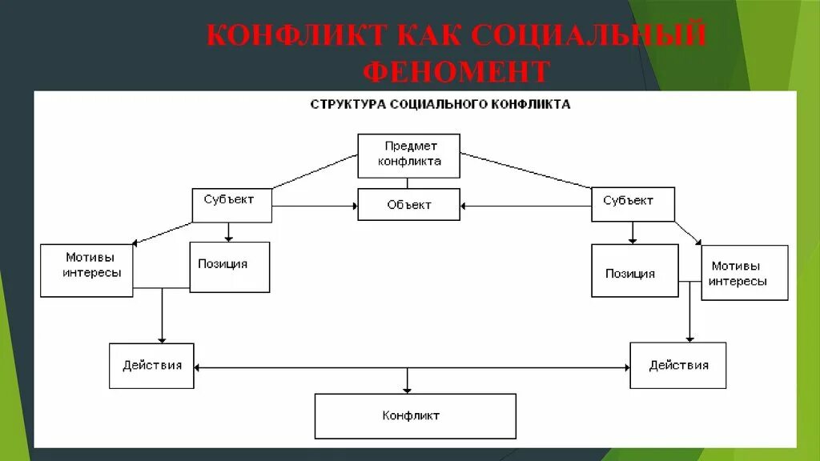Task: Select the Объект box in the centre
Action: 408,205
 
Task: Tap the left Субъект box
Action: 231,205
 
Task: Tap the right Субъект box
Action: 633,204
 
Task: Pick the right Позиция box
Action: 634,271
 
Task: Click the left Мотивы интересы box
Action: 86,270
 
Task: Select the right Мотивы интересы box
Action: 744,273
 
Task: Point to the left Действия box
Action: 151,366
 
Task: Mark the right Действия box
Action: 677,366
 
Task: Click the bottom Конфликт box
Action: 414,415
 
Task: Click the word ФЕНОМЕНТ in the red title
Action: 456,72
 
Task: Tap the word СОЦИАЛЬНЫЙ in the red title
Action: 588,37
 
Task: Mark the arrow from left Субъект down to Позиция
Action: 230,232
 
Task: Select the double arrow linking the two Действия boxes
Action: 320,367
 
